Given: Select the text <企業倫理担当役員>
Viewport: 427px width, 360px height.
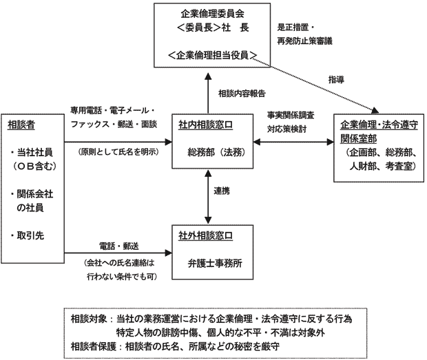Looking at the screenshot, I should pyautogui.click(x=212, y=54).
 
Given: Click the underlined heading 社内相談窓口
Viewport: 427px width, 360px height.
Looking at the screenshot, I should pyautogui.click(x=205, y=125).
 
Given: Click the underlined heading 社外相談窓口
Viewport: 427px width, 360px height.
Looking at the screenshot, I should pyautogui.click(x=205, y=235).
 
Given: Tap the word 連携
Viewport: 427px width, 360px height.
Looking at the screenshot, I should pyautogui.click(x=222, y=191).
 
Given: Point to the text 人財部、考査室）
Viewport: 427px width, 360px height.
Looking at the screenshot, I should pyautogui.click(x=381, y=166).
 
